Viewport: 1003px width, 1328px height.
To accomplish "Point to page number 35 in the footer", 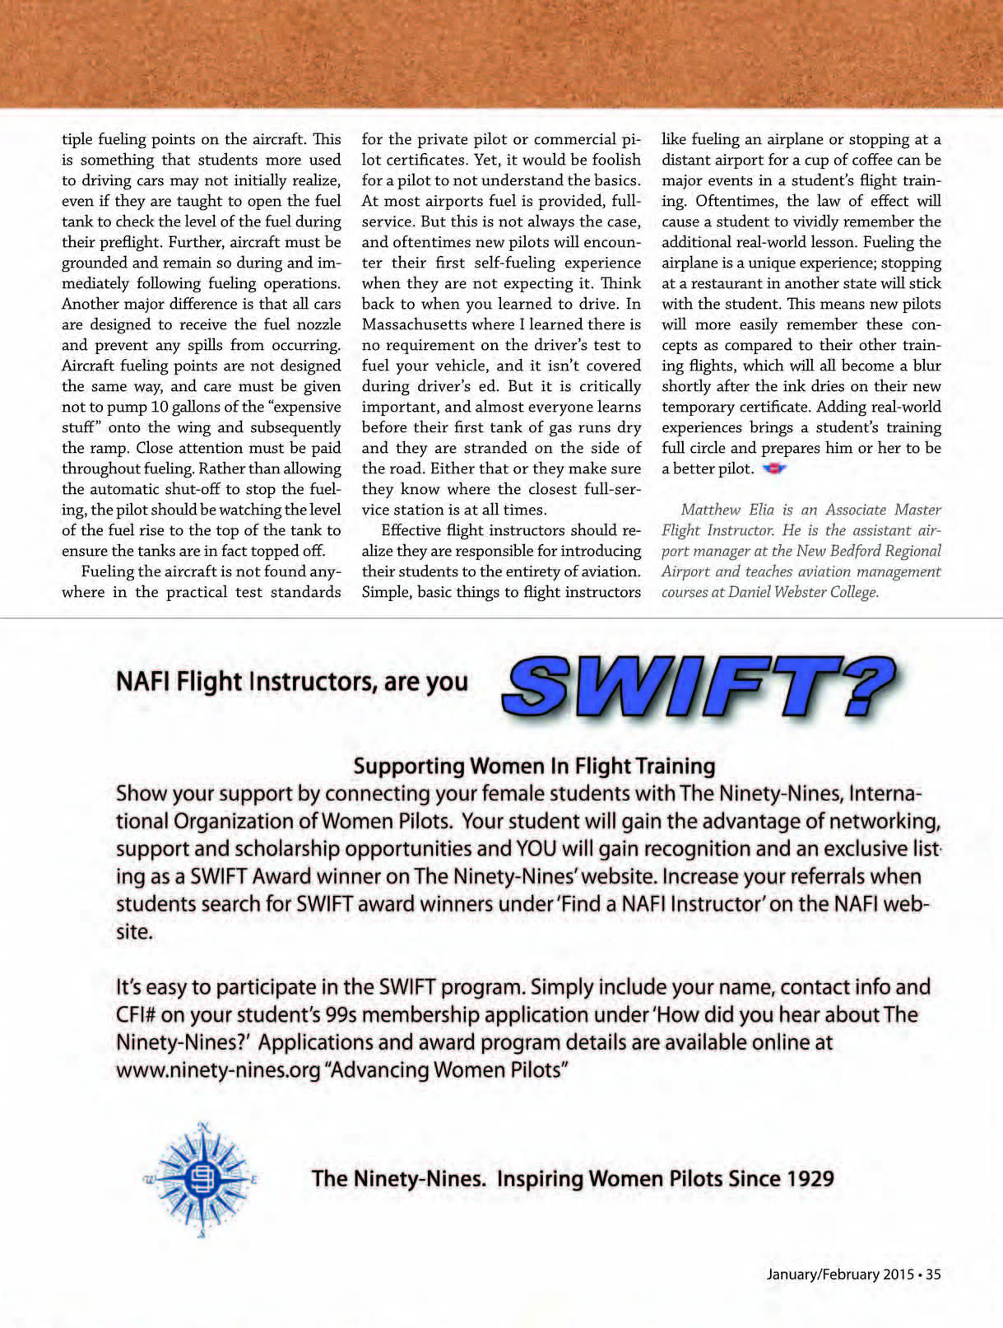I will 933,1274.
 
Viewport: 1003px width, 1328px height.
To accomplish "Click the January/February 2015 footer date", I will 839,1274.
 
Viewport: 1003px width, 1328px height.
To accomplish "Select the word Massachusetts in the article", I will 414,324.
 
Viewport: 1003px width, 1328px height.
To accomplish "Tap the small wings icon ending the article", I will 774,469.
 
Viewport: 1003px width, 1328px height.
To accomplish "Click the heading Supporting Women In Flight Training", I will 534,767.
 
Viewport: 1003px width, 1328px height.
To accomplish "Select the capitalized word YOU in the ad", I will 536,849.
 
